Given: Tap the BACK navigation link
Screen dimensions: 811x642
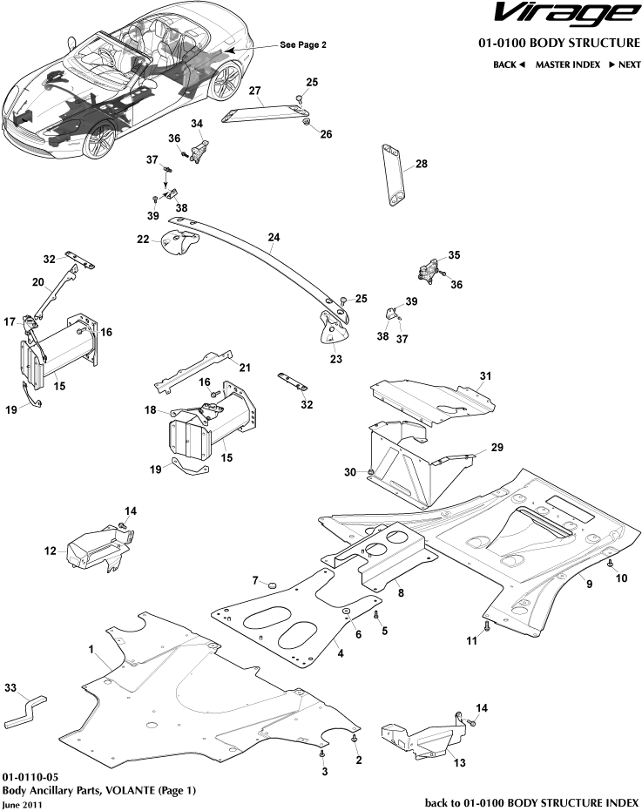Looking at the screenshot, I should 509,64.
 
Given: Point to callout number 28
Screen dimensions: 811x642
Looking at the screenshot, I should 422,164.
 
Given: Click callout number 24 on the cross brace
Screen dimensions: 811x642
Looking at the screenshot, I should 274,237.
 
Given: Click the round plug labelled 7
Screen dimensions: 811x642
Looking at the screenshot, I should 270,582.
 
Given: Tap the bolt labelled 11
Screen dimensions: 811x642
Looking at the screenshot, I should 486,625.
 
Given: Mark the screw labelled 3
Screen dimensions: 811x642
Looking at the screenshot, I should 323,750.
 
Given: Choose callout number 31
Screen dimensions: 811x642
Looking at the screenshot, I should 486,375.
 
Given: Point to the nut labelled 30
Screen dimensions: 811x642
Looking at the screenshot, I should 371,472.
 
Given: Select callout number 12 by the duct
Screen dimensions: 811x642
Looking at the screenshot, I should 50,551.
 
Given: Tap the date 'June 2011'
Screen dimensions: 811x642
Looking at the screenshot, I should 23,805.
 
